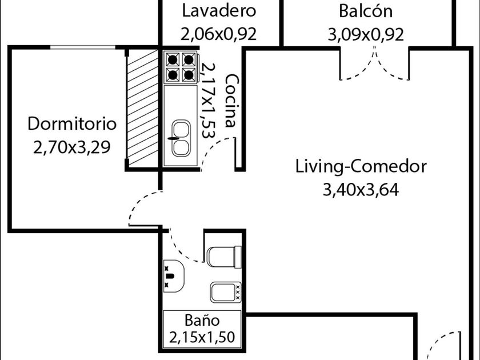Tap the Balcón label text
coord(365,11)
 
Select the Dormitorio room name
coord(72,123)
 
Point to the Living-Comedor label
coord(361,166)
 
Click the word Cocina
coord(231,101)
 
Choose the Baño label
coord(202,320)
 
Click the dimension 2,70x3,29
coord(72,147)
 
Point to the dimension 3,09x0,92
coord(365,34)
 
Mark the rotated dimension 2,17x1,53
coord(207,101)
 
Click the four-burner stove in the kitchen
coord(181,67)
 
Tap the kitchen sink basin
coord(181,138)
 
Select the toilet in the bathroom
coord(223,257)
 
